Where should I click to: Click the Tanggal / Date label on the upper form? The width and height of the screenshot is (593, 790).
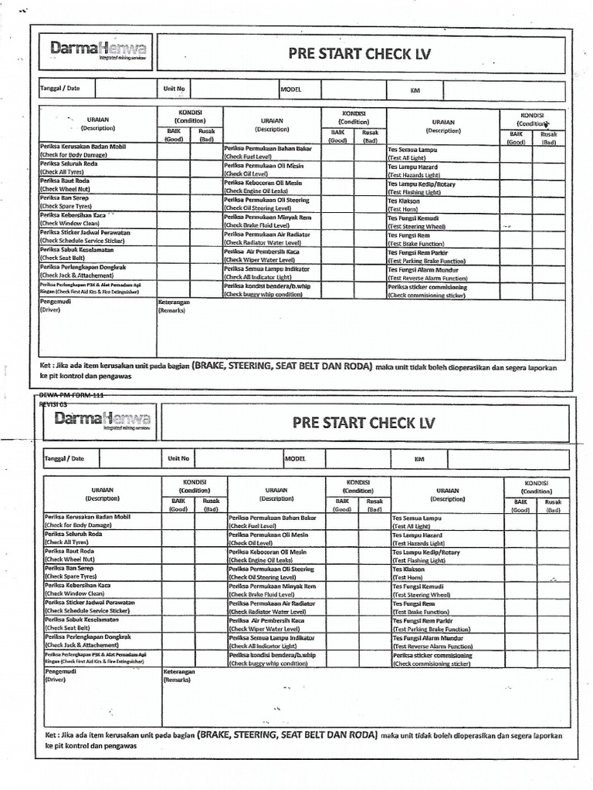(60, 88)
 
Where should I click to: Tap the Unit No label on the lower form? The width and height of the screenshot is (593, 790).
(178, 458)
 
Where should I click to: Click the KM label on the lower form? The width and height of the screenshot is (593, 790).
(419, 459)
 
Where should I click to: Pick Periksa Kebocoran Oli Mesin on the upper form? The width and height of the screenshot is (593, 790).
(263, 183)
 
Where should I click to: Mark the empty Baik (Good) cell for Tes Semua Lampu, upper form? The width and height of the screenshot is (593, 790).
(515, 153)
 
